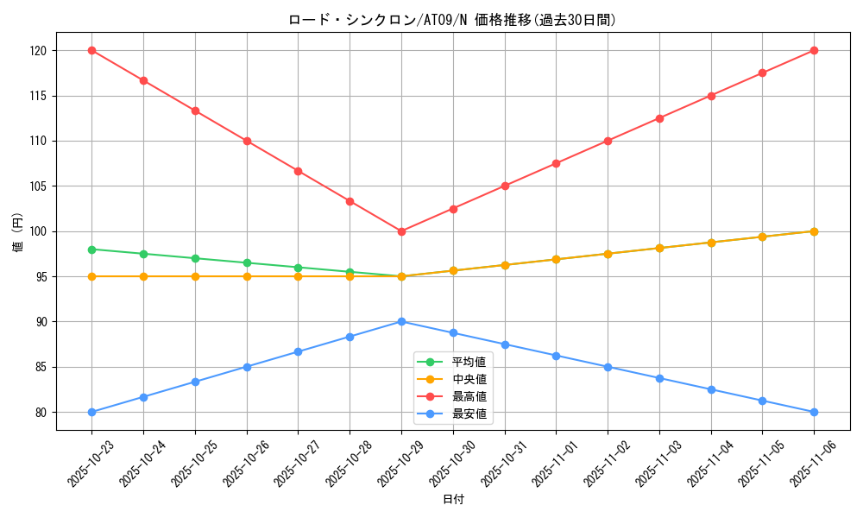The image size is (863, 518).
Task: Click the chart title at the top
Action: (452, 20)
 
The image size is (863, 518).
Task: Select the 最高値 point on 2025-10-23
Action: (91, 51)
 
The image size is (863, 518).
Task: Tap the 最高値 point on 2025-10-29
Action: (401, 231)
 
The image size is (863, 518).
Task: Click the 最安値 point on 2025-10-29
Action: (401, 321)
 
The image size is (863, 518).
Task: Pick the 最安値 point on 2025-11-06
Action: (814, 412)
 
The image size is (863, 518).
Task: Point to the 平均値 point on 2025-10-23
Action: (91, 250)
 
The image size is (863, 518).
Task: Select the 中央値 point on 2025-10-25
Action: (195, 276)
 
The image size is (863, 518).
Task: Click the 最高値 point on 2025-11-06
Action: (814, 51)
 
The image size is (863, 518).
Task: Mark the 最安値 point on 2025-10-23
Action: (91, 412)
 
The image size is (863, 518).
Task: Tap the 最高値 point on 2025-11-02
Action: (608, 141)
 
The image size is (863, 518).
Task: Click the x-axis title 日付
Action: (452, 500)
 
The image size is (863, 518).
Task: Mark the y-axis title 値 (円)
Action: (17, 231)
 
